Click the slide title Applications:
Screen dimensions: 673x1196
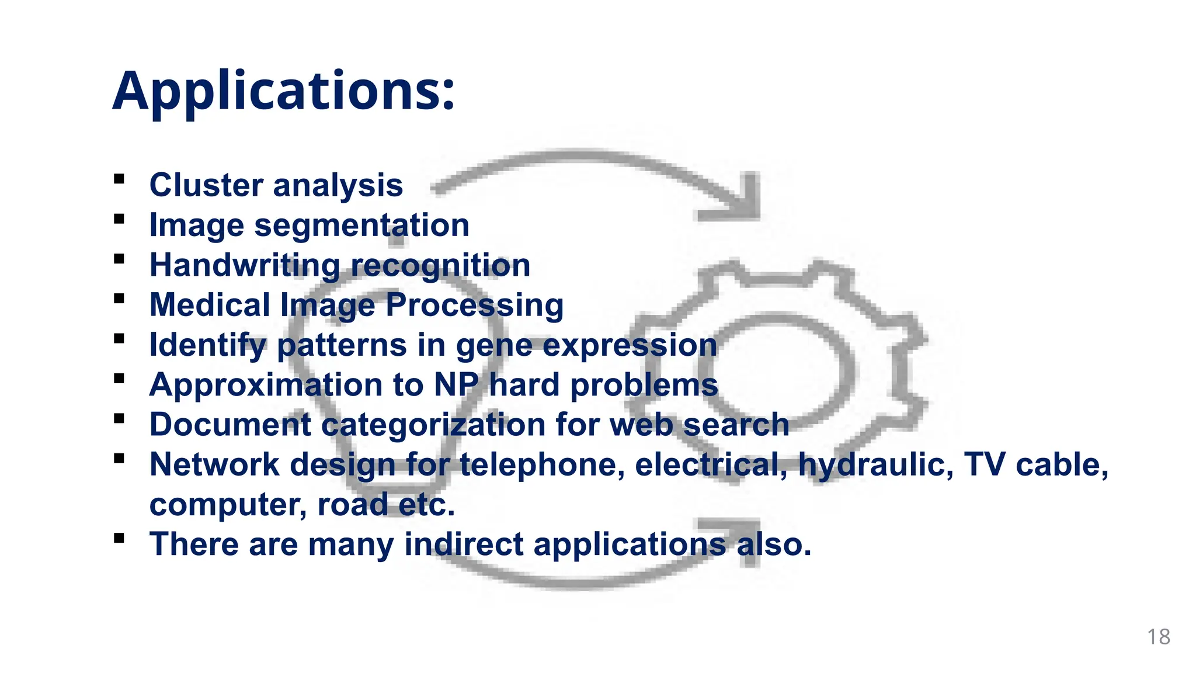tap(283, 91)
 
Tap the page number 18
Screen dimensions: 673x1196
tap(1159, 637)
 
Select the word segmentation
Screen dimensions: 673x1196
tap(361, 226)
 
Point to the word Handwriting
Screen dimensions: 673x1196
tap(245, 265)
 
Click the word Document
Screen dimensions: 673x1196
tap(230, 425)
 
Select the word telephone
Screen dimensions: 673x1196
tap(541, 465)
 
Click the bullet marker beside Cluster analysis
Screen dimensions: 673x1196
tap(119, 179)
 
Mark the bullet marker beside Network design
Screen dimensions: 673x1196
tap(119, 459)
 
